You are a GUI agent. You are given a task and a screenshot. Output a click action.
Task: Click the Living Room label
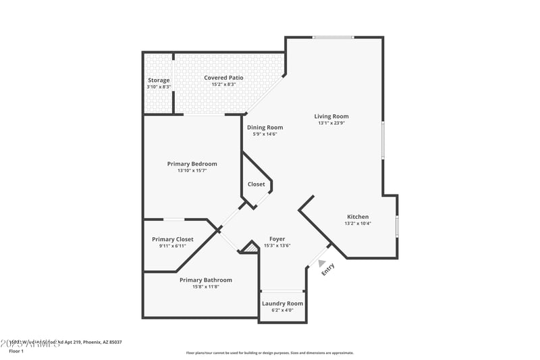(331, 116)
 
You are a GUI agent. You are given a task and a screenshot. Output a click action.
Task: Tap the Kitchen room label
(358, 217)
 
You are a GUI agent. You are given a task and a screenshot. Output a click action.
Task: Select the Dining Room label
(265, 127)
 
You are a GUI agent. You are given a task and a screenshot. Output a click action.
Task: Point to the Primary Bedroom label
(192, 163)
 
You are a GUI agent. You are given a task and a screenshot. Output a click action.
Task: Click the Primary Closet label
(173, 239)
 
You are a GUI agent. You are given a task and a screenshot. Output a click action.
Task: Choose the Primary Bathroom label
(206, 280)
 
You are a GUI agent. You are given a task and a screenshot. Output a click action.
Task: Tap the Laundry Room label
(282, 303)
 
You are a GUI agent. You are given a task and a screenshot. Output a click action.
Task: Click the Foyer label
(277, 239)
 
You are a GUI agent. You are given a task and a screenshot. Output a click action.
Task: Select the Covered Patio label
(223, 78)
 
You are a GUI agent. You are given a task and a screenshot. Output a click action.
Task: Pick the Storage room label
(159, 80)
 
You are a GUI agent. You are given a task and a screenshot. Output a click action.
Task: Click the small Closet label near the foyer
(256, 184)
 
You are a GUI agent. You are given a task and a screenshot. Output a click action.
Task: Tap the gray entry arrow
(322, 263)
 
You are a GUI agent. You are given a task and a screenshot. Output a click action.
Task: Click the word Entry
(328, 269)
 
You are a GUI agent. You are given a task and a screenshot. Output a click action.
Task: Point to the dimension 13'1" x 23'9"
(331, 124)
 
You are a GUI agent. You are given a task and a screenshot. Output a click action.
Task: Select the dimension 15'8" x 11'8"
(206, 287)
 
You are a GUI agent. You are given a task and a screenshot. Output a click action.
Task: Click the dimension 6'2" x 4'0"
(282, 311)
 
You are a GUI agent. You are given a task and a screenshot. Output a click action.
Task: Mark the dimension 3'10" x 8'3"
(159, 87)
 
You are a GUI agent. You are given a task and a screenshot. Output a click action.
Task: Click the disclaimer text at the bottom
(270, 353)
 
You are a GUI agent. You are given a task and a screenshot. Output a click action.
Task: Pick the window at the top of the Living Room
(333, 38)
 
